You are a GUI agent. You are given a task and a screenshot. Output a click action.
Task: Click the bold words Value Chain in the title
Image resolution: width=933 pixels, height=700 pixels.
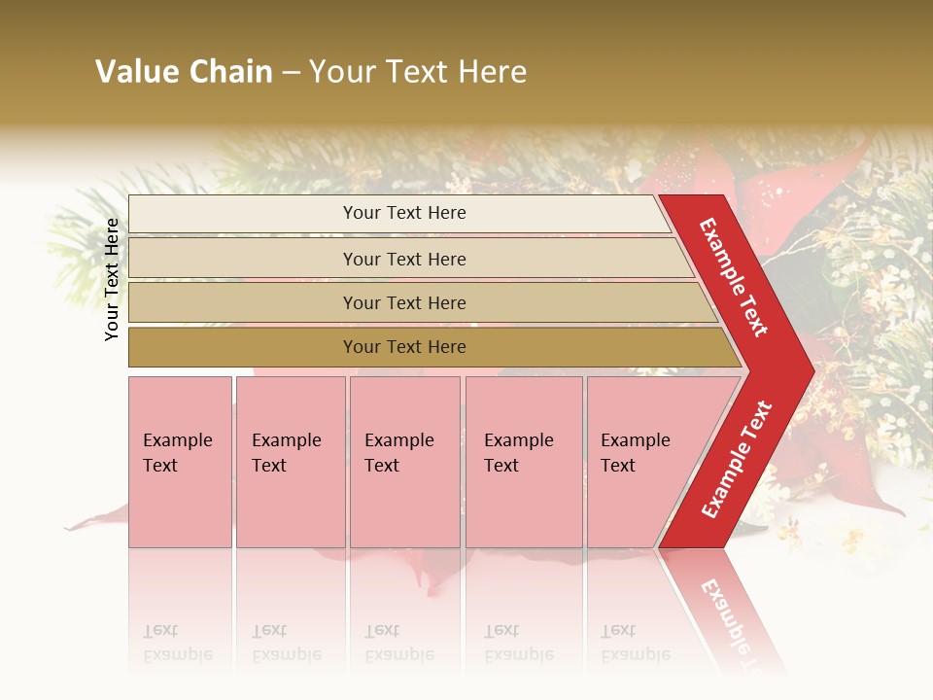[x=184, y=72]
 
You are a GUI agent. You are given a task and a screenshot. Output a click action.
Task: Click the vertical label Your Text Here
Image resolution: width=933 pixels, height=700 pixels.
[x=112, y=279]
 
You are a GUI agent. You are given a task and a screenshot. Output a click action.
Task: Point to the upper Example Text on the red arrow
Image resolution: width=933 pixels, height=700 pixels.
[x=734, y=277]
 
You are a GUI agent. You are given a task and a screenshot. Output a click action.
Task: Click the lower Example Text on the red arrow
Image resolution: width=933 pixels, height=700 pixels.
[x=737, y=460]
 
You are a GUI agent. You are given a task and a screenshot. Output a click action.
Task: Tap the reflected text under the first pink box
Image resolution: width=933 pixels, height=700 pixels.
[x=177, y=643]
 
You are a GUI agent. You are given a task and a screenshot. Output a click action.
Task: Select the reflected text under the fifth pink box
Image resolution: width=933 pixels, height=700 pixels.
[x=635, y=643]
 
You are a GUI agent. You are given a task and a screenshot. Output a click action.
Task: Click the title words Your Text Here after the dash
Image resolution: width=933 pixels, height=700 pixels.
[x=418, y=72]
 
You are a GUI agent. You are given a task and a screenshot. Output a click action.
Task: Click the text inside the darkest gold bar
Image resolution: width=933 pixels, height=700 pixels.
[x=404, y=347]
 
